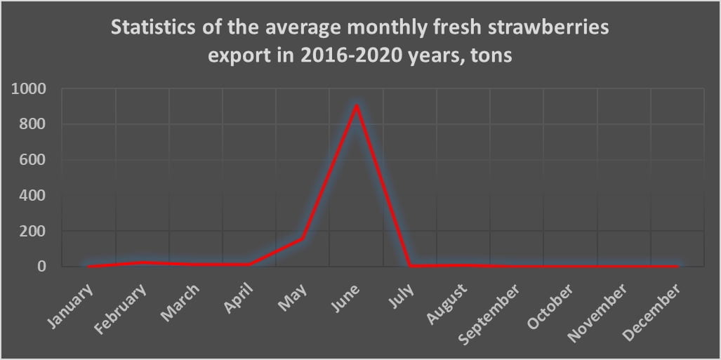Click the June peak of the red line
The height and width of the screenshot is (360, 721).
tap(357, 106)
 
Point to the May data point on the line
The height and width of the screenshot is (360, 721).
tap(303, 239)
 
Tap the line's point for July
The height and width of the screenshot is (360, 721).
tap(410, 266)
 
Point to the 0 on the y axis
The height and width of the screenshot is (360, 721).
tap(41, 267)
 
